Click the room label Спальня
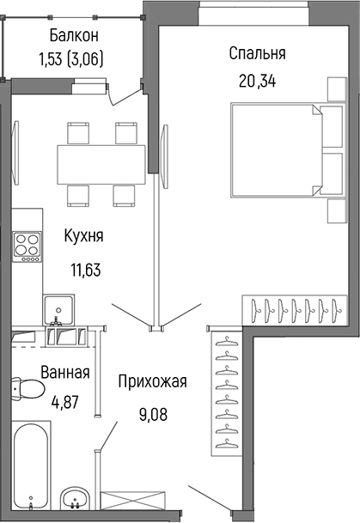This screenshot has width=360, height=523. pyautogui.click(x=257, y=53)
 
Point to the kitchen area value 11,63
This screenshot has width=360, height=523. pyautogui.click(x=85, y=268)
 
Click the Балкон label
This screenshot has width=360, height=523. pyautogui.click(x=74, y=35)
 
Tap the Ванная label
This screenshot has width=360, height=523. pyautogui.click(x=65, y=373)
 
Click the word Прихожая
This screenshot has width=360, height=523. pyautogui.click(x=153, y=381)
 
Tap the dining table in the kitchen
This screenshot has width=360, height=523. pyautogui.click(x=101, y=161)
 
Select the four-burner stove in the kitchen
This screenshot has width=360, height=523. pyautogui.click(x=26, y=246)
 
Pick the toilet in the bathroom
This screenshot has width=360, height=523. pyautogui.click(x=27, y=392)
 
